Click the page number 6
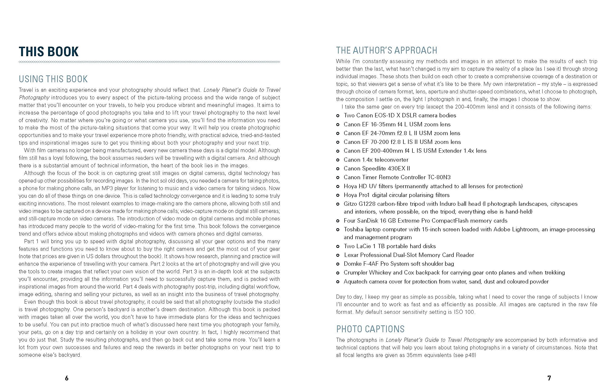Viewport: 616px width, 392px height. tap(67, 378)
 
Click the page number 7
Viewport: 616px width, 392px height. tap(549, 378)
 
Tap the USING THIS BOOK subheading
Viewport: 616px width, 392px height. tap(53, 79)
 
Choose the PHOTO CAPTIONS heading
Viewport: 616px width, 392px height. tap(370, 329)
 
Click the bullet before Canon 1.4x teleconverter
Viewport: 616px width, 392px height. tap(338, 160)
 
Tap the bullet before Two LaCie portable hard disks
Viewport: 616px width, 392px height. tap(338, 246)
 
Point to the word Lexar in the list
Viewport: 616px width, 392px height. tap(351, 255)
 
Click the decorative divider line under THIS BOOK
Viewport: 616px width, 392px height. tap(149, 62)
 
